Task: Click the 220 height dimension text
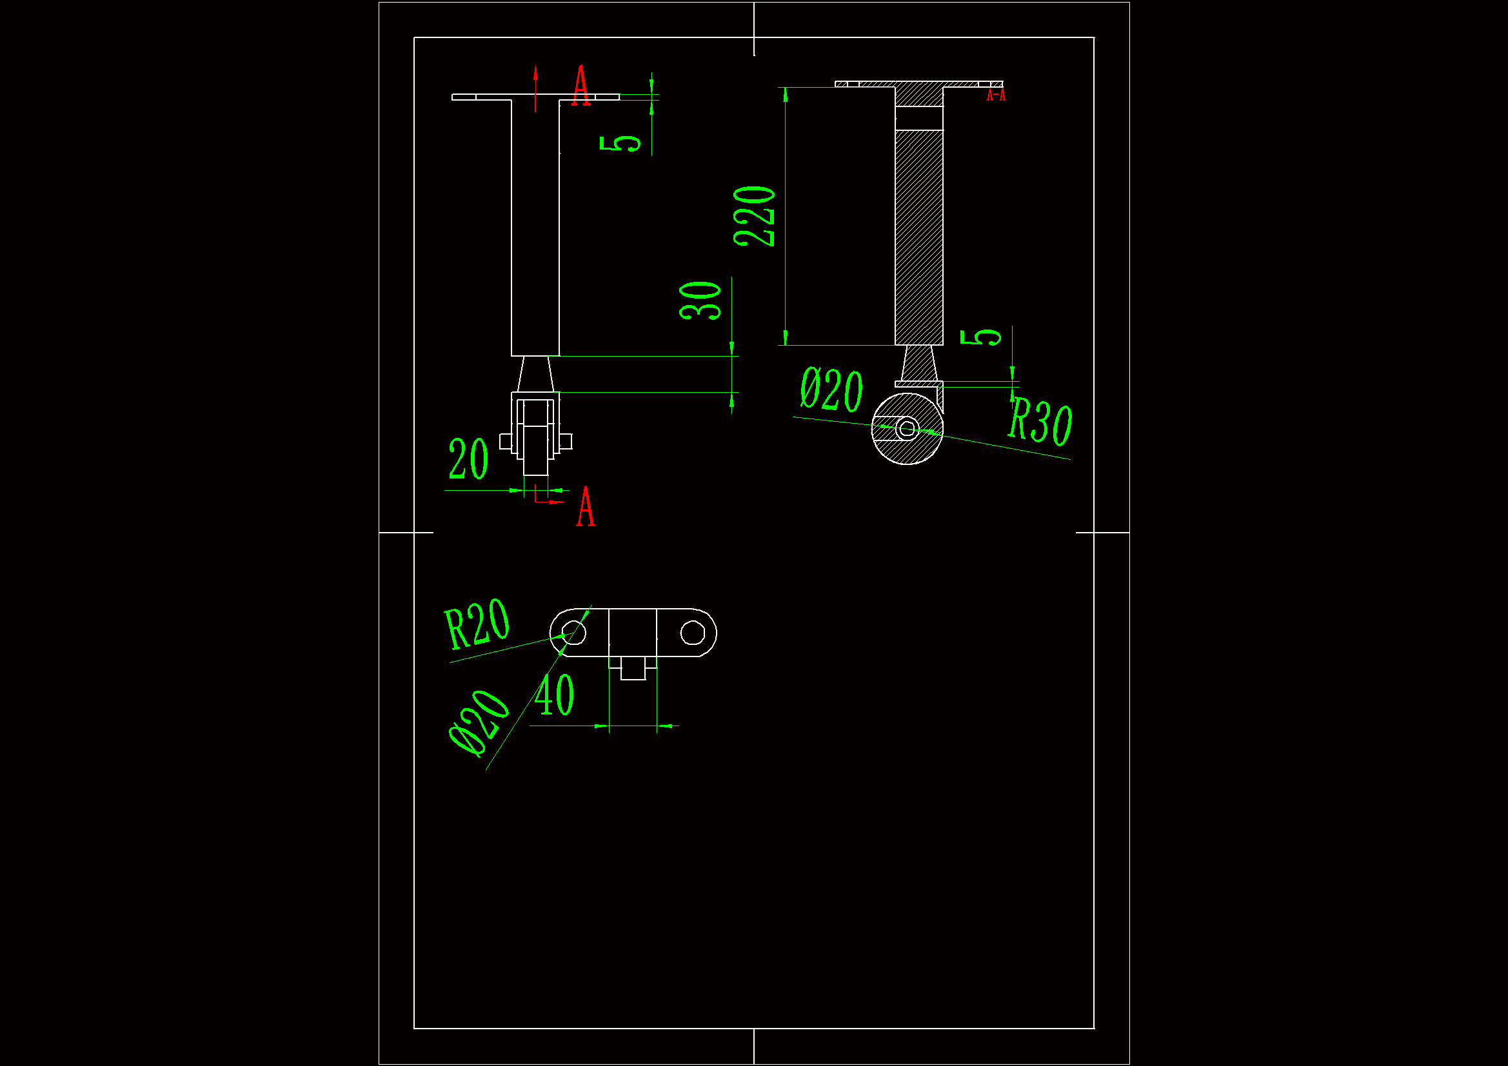755,216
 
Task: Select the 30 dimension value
700,301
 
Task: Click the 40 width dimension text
554,695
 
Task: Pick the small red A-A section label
996,96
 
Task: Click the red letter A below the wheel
586,507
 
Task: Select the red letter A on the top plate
580,85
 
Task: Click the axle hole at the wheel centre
907,429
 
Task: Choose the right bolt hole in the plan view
692,633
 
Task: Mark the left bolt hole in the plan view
574,633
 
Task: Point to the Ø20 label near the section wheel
831,390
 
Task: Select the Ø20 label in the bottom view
479,723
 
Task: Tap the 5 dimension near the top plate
620,143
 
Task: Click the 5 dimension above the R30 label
980,337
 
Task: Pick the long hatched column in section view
919,237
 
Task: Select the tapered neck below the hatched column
919,362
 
